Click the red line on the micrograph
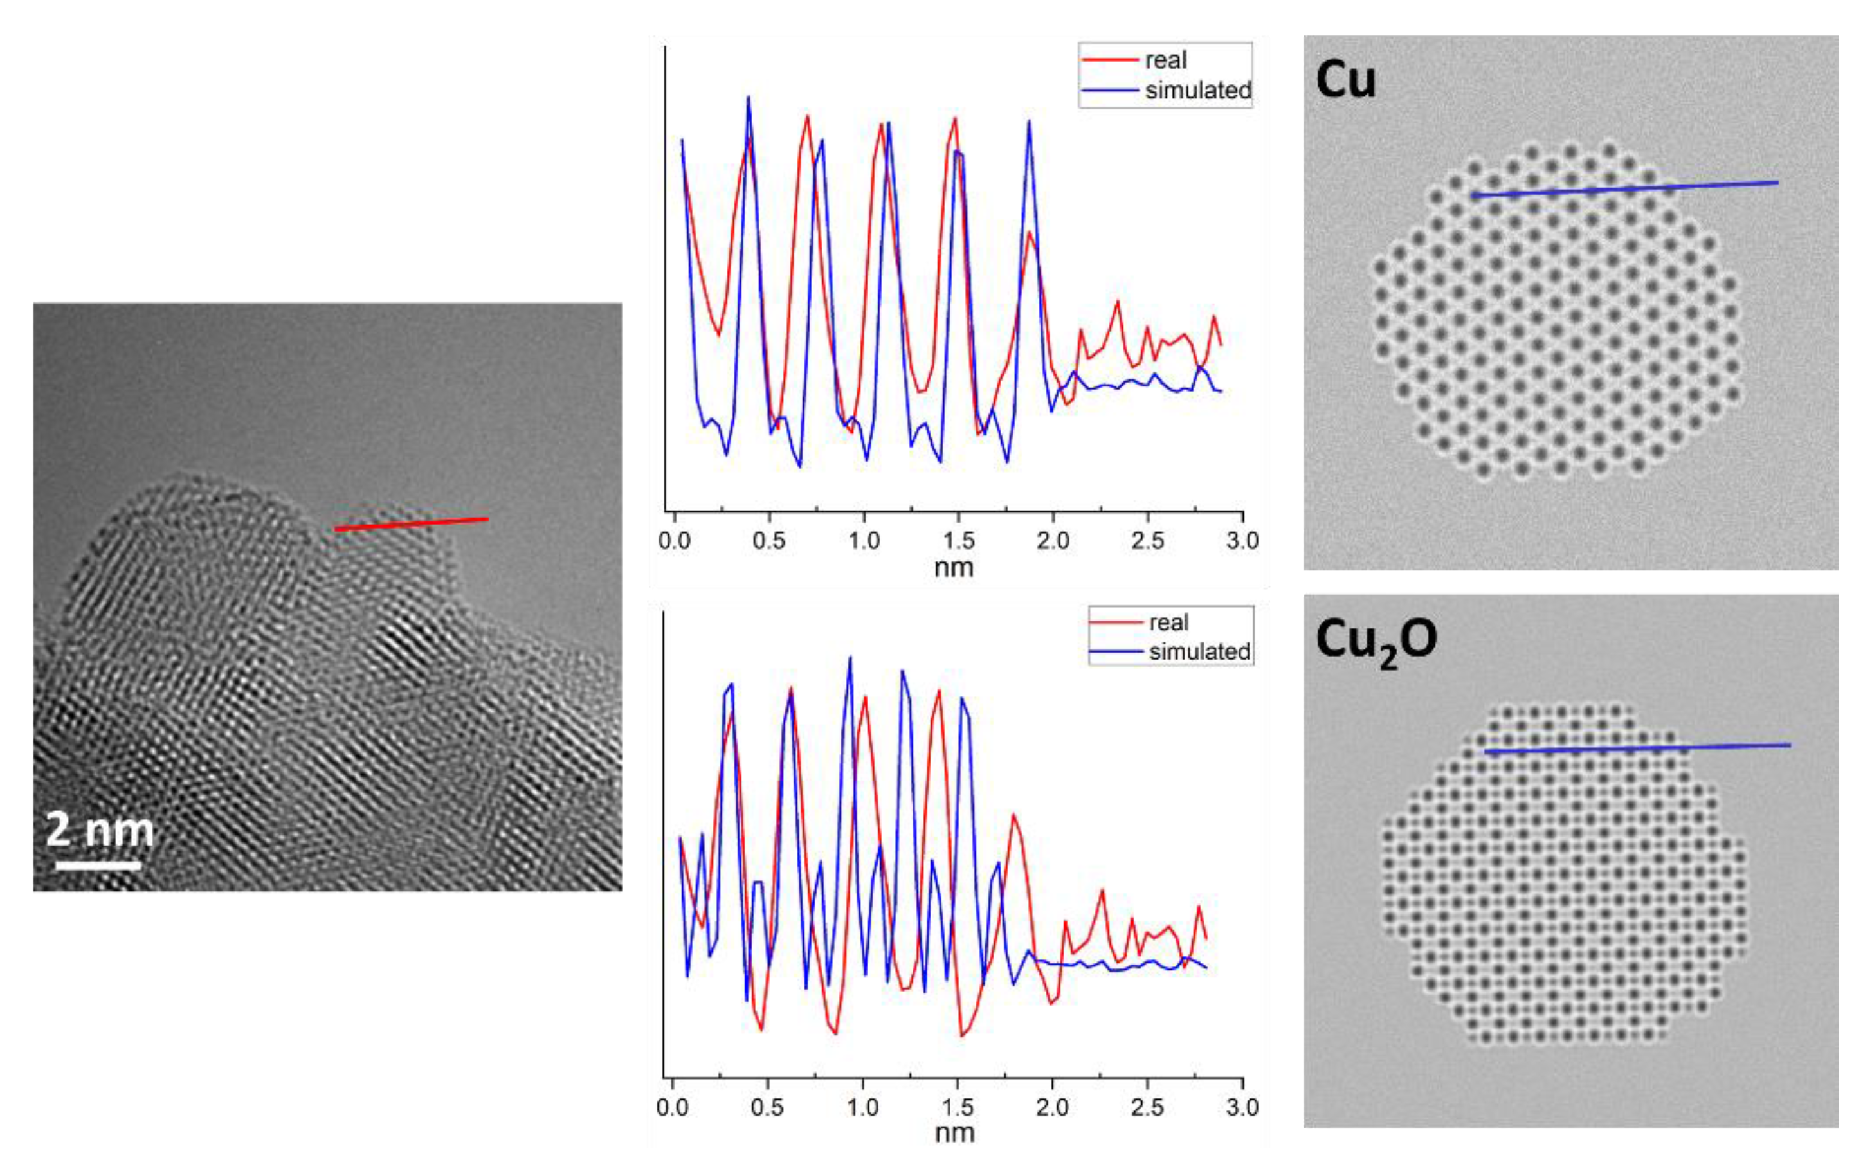pos(411,523)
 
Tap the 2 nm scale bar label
pos(99,829)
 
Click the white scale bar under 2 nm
pos(98,866)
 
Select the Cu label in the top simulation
pos(1345,79)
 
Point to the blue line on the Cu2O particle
pos(1637,748)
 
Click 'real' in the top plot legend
pos(1166,60)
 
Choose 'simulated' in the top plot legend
pos(1197,91)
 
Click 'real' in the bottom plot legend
pos(1168,622)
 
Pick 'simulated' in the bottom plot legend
pos(1199,651)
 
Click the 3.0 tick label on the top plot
pos(1242,541)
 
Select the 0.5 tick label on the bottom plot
pos(767,1107)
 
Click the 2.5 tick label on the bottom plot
pos(1147,1107)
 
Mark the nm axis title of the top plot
pos(954,568)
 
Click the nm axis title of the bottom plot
pos(954,1134)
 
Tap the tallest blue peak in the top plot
pos(749,98)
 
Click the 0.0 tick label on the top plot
pos(674,541)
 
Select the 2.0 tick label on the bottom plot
pos(1051,1107)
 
